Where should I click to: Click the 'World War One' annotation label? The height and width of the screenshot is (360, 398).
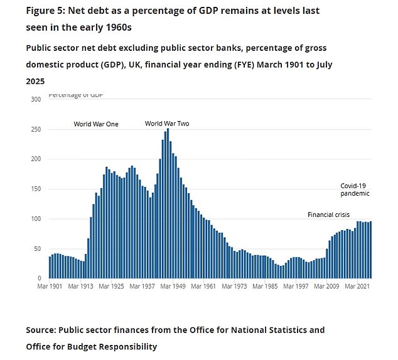95,124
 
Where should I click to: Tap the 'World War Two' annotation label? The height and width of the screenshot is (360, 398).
167,124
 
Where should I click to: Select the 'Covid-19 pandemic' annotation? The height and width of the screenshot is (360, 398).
355,189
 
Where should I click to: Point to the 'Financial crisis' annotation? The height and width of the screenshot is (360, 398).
328,215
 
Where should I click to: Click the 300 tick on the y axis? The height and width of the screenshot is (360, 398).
36,100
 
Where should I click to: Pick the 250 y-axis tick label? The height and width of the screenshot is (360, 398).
36,129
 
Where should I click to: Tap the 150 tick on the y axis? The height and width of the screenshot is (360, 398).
36,189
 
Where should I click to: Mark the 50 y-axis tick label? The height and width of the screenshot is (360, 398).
38,248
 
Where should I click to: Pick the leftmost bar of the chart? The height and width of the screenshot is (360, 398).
50,267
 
